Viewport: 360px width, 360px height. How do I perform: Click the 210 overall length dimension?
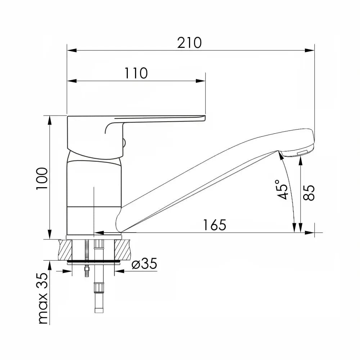point(189,43)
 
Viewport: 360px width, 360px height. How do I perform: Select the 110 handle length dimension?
point(136,73)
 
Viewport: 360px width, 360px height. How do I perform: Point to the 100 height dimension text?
point(42,179)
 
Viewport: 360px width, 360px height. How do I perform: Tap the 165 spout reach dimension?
point(215,225)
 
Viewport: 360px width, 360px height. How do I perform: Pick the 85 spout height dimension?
point(309,193)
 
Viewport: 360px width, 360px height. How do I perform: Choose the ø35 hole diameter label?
point(144,264)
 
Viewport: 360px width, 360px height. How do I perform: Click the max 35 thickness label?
point(43,298)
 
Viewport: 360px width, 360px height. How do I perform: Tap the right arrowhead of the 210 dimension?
point(310,50)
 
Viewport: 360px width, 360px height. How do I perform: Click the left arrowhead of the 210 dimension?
point(72,50)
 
